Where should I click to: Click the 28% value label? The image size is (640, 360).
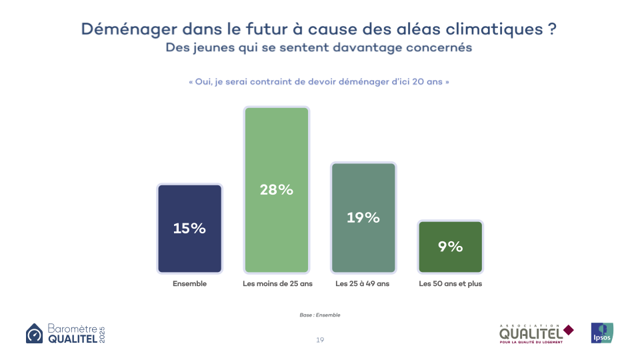277,190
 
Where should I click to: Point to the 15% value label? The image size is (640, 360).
189,228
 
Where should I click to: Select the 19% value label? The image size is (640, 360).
363,217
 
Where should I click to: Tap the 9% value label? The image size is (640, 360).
451,247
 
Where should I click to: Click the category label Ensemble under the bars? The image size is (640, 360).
189,283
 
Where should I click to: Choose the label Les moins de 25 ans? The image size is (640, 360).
277,283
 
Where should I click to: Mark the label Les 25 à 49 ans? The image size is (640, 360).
363,283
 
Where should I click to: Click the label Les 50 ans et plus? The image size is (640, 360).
450,283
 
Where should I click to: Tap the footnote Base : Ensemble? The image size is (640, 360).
320,315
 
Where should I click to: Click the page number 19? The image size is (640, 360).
320,340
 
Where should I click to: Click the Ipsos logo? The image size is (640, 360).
602,333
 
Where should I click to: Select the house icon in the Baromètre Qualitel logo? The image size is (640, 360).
35,333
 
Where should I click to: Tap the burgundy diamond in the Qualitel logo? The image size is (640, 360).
568,329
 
